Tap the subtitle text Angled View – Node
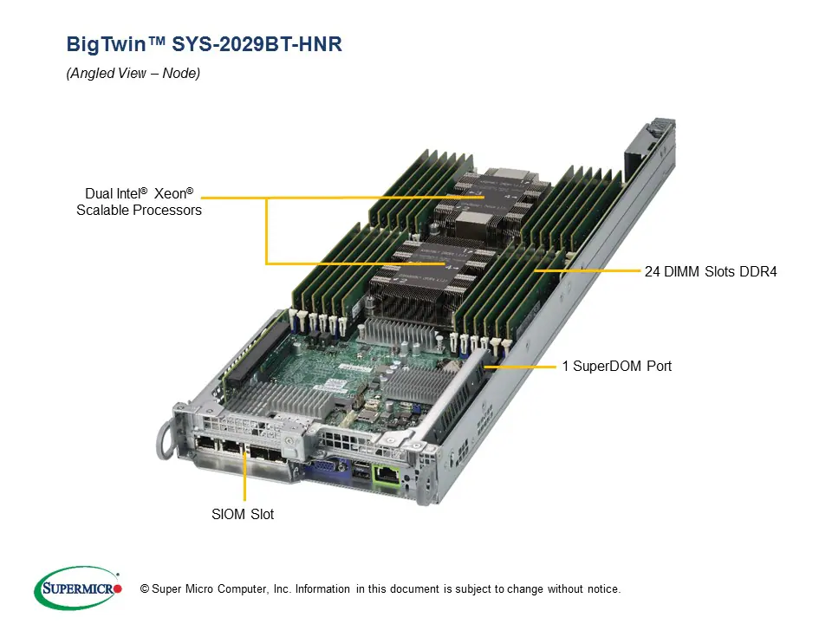click(133, 74)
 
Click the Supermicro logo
click(78, 588)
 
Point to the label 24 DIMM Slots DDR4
click(711, 271)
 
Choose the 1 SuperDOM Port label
click(616, 367)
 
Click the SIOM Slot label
click(244, 515)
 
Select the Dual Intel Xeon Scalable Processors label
click(139, 202)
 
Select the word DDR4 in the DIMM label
click(759, 271)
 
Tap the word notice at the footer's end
click(602, 589)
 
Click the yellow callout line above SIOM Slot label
click(245, 477)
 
